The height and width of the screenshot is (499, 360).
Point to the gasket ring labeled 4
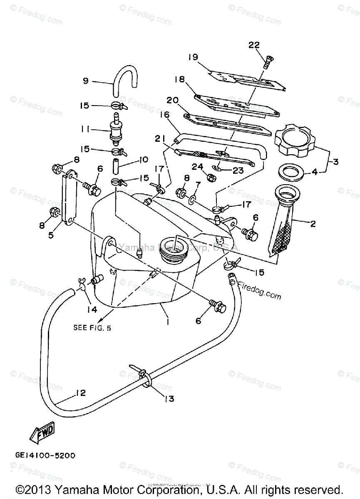coord(291,171)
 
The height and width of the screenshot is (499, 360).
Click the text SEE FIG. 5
coord(92,327)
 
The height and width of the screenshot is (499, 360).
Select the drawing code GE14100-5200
coord(47,456)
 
